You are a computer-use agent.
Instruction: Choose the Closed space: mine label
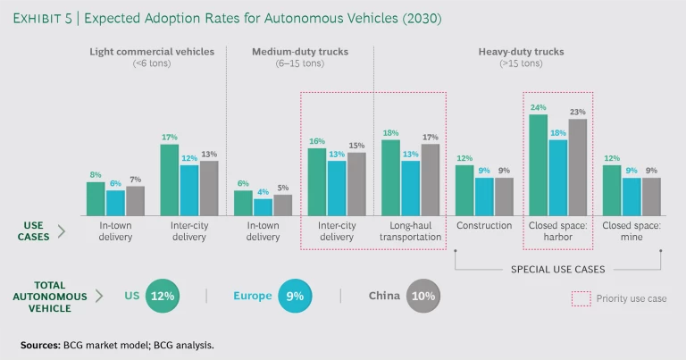(x=632, y=231)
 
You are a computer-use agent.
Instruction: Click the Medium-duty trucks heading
(x=299, y=52)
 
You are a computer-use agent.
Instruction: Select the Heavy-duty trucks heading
(x=522, y=52)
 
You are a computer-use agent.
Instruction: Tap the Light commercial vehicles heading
(x=152, y=52)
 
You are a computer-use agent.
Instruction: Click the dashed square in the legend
(x=581, y=298)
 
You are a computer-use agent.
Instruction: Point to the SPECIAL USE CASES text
(x=557, y=268)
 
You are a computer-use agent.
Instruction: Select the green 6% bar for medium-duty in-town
(x=243, y=203)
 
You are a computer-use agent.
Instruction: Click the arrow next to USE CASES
(x=62, y=231)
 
